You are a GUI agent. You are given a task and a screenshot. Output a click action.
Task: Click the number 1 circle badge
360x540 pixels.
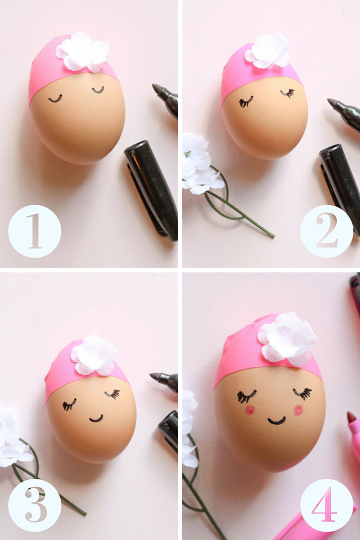click(35, 231)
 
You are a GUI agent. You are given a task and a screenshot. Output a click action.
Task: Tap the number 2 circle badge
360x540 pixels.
click(327, 231)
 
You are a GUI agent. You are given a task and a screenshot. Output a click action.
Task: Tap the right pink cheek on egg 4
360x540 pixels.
click(298, 410)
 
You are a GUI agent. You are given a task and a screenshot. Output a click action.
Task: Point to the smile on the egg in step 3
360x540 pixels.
click(96, 419)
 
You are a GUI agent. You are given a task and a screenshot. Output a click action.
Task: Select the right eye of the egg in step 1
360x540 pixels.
click(98, 90)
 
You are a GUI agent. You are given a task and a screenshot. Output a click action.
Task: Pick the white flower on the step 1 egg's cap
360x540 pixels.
click(83, 52)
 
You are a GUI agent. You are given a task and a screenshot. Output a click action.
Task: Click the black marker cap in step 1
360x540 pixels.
click(151, 190)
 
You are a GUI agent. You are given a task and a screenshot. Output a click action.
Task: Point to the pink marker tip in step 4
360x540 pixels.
click(352, 417)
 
